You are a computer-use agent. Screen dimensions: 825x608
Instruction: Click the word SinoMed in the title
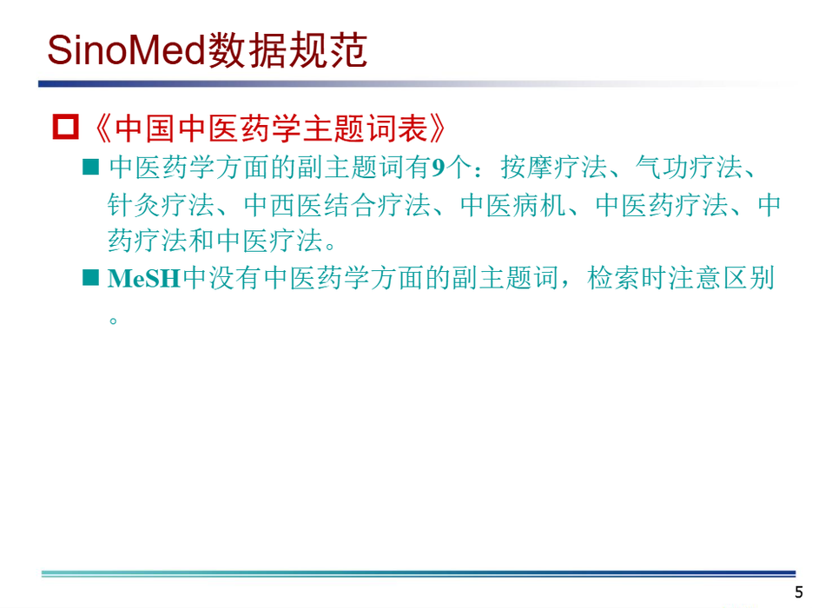(126, 50)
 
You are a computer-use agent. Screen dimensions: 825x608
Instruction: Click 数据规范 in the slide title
(287, 50)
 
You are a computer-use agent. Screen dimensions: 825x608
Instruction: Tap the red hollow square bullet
(66, 127)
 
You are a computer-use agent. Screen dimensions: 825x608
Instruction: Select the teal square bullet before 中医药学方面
(91, 167)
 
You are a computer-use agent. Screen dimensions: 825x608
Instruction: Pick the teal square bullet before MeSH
(91, 277)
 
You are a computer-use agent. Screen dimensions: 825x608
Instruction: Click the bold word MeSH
(144, 279)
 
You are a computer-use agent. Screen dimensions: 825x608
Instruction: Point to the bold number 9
(439, 168)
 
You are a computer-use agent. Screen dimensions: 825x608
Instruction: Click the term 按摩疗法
(553, 168)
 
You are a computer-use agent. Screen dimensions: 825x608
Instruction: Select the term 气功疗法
(689, 168)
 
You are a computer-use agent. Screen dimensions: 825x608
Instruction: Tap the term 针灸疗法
(161, 205)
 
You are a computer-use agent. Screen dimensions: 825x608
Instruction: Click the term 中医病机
(513, 205)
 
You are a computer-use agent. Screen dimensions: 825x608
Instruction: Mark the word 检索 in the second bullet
(613, 278)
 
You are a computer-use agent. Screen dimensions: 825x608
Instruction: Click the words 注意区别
(722, 278)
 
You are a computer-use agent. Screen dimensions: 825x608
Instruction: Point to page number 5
(799, 592)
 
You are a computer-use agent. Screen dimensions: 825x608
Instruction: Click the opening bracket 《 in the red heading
(102, 129)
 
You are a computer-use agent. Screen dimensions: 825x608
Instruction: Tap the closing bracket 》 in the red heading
(437, 129)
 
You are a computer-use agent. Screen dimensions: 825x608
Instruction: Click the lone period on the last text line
(113, 320)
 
